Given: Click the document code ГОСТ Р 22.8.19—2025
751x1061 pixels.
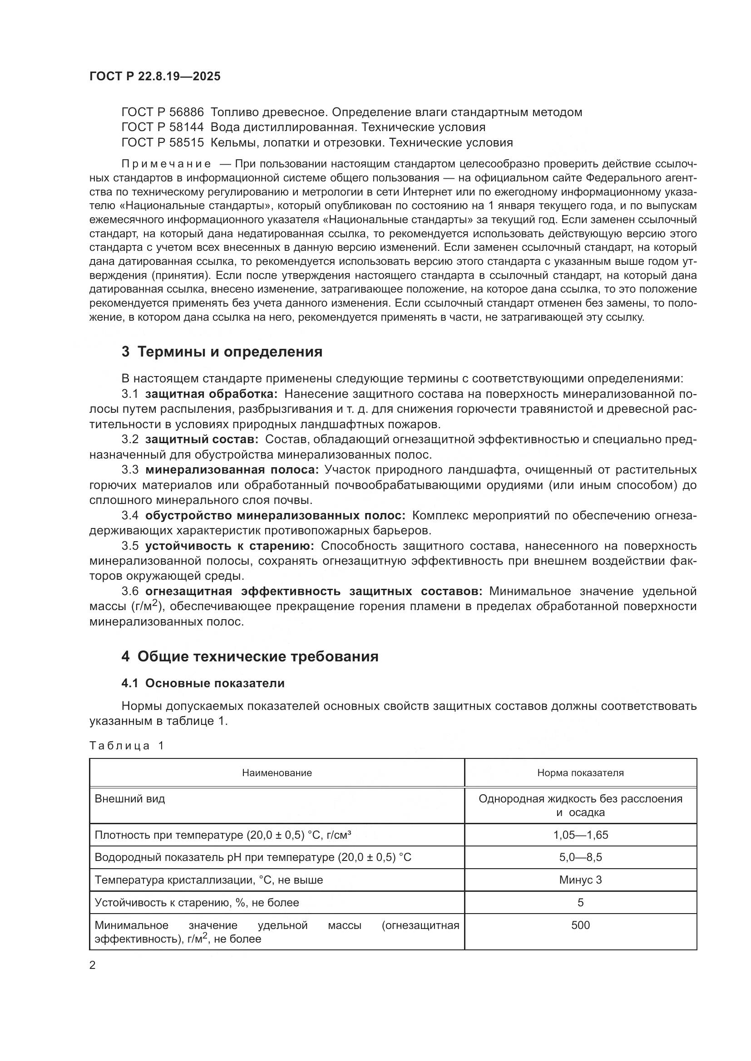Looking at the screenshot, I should pyautogui.click(x=155, y=76).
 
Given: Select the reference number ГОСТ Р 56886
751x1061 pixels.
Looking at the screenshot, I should pyautogui.click(x=162, y=112).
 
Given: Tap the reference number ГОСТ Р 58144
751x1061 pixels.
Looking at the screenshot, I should pyautogui.click(x=162, y=127).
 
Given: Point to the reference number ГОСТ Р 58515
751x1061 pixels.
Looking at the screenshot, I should pyautogui.click(x=162, y=142).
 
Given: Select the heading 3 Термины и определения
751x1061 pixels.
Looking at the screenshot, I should pyautogui.click(x=222, y=352).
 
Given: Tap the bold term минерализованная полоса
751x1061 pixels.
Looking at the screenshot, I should pyautogui.click(x=232, y=470).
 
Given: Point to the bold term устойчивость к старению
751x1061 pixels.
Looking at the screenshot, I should pyautogui.click(x=230, y=546).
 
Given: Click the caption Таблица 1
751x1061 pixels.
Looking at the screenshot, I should pyautogui.click(x=127, y=745).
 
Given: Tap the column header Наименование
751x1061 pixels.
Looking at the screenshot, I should pyautogui.click(x=277, y=773).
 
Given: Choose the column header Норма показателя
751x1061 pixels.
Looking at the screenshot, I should pyautogui.click(x=580, y=773).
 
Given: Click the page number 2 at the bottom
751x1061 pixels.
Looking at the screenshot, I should pyautogui.click(x=93, y=965).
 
